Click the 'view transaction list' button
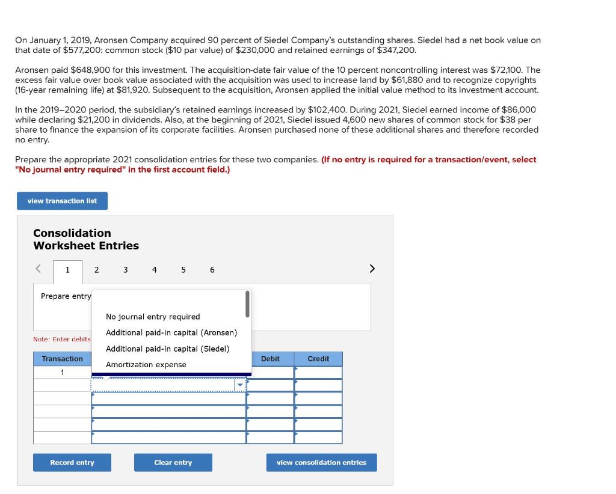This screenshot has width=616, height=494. [x=62, y=201]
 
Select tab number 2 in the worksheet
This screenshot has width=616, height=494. [x=96, y=270]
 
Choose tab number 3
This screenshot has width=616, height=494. [x=125, y=270]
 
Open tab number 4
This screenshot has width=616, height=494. [x=155, y=270]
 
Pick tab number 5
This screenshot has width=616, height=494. [x=183, y=270]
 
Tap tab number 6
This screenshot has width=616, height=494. [x=212, y=270]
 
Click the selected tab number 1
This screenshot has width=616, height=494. [x=67, y=270]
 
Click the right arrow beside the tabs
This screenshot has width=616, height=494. [x=372, y=269]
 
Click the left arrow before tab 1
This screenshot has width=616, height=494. [x=38, y=269]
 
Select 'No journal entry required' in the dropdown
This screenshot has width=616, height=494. [x=153, y=317]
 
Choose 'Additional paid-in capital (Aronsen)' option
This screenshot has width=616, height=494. [x=171, y=332]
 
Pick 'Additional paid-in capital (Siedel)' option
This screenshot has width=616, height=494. [x=167, y=349]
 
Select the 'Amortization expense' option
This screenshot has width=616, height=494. [x=146, y=365]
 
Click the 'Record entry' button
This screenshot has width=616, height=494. [x=72, y=463]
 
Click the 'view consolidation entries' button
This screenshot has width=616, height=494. [x=321, y=463]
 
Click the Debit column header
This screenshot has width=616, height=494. [x=270, y=359]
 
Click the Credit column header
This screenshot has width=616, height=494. [x=318, y=359]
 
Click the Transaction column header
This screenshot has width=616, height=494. [x=62, y=359]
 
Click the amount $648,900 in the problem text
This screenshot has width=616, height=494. [x=92, y=70]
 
